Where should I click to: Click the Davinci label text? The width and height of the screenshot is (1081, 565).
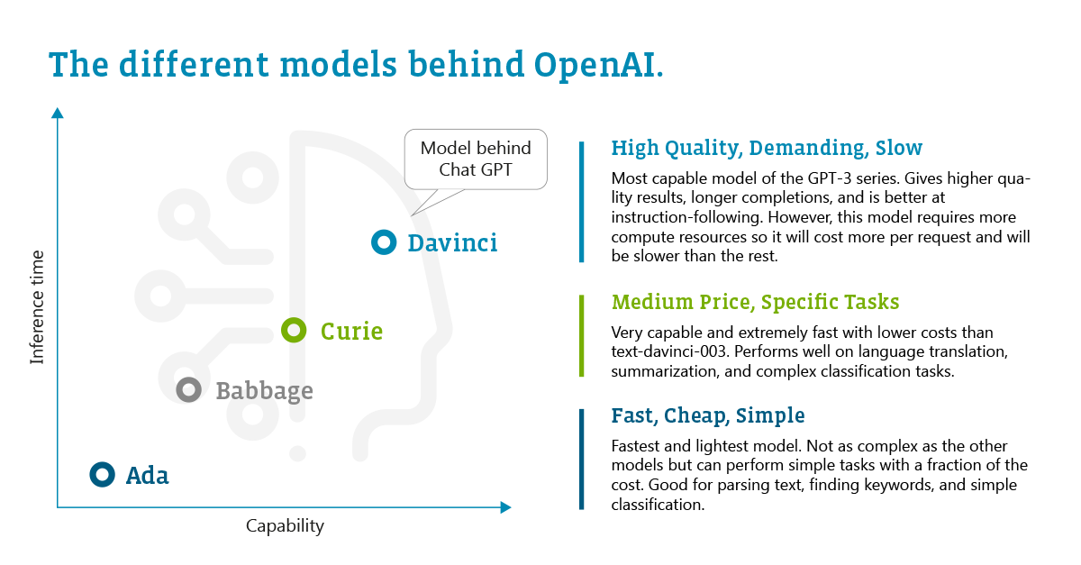coord(452,243)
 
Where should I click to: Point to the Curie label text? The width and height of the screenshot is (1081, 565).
coord(352,332)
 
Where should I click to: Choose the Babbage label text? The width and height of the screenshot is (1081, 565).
coord(265,391)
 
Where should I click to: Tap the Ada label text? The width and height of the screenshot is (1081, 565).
coord(147,476)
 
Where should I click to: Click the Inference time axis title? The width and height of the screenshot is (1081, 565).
coord(37,307)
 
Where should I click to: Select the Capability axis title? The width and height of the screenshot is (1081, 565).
coord(285,526)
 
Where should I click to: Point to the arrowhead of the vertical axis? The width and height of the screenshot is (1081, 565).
coord(58,112)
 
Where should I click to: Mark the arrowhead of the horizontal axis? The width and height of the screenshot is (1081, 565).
coord(505,507)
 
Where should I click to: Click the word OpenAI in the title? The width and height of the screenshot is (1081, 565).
coord(599,65)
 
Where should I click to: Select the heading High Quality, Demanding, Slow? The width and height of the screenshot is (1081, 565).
coord(767,148)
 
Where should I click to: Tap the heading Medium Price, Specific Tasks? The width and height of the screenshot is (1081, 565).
coord(755,302)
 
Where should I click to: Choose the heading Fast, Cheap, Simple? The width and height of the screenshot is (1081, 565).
coord(708,415)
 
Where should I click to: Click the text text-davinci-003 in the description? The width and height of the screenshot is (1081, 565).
coord(668,351)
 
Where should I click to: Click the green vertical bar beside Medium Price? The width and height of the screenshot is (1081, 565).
coord(582,335)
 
